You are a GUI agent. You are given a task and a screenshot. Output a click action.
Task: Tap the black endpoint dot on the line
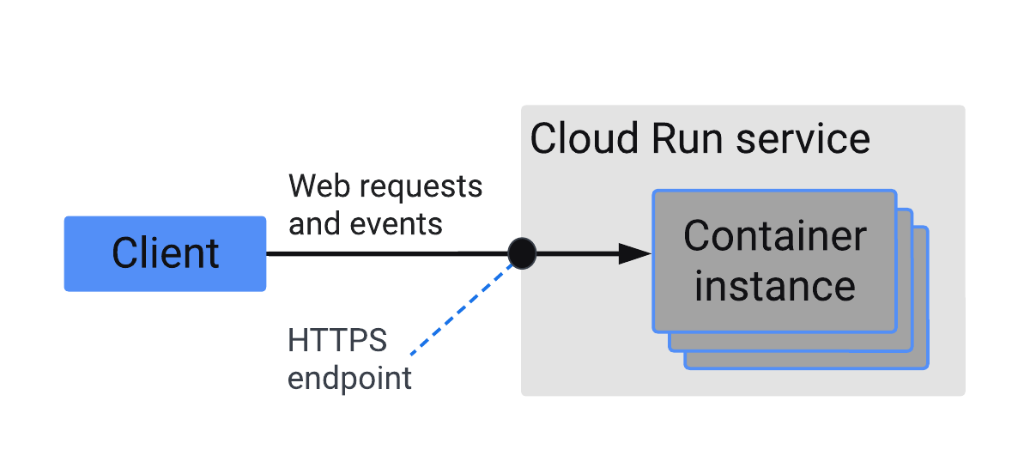[522, 253]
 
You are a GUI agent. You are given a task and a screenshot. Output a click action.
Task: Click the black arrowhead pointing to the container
[634, 253]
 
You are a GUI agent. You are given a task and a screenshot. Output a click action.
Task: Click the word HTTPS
[337, 341]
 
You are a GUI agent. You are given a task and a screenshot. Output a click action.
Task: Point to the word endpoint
[349, 379]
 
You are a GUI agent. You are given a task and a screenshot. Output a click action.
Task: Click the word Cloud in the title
[585, 139]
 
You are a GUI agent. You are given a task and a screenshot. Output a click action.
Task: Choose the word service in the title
[804, 139]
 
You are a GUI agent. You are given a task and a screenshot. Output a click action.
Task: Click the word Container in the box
[774, 235]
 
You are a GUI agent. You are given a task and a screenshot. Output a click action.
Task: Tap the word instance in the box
[774, 286]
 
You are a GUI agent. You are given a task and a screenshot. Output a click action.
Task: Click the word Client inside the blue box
[165, 253]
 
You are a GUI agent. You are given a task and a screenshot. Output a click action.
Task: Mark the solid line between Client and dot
[386, 253]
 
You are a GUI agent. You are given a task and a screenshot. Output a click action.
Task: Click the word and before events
[315, 224]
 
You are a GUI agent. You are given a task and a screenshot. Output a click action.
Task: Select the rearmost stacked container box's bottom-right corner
[926, 367]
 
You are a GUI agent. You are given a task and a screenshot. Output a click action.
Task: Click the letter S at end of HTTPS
[377, 341]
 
